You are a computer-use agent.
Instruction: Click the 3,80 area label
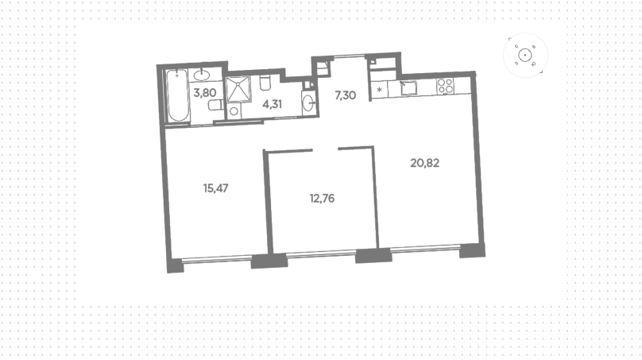click(205, 93)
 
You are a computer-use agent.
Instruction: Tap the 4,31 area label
click(273, 104)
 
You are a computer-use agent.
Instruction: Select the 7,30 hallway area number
click(345, 95)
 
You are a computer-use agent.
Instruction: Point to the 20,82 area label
click(424, 163)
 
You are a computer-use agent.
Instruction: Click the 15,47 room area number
click(216, 188)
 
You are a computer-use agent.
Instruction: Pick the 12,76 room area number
click(322, 199)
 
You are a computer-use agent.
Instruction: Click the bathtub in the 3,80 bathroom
click(178, 96)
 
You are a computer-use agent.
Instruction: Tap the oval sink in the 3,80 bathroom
click(202, 75)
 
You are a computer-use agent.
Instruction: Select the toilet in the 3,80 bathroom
click(215, 105)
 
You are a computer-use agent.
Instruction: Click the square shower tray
click(238, 89)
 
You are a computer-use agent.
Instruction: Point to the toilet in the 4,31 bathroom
click(265, 83)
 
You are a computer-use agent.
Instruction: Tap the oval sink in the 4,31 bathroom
click(309, 103)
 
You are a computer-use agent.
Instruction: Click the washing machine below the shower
click(234, 110)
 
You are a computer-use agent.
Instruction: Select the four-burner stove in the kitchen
click(445, 86)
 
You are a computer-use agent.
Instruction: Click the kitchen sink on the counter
click(408, 88)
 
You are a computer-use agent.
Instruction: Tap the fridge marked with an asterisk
click(380, 90)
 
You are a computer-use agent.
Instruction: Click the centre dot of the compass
click(525, 56)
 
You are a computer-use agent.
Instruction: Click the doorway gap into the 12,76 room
click(326, 149)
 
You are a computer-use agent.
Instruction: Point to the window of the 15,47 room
click(217, 258)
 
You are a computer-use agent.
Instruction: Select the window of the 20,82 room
click(425, 248)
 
